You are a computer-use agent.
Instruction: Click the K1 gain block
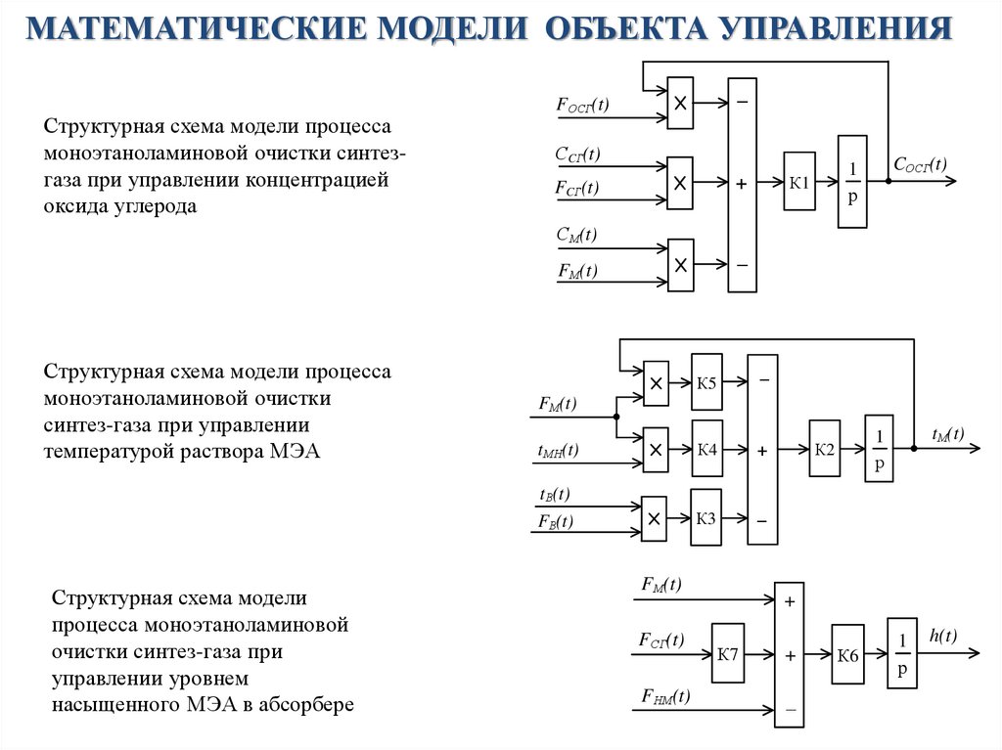pos(798,183)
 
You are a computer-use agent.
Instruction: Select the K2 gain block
pos(825,450)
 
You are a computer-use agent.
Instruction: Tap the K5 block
pos(706,383)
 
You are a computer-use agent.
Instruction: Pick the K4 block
pos(706,450)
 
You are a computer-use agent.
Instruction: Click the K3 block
pos(706,517)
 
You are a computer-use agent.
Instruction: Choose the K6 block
pos(847,655)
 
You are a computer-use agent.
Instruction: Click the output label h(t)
pos(942,637)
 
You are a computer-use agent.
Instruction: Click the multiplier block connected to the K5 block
pos(656,383)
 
